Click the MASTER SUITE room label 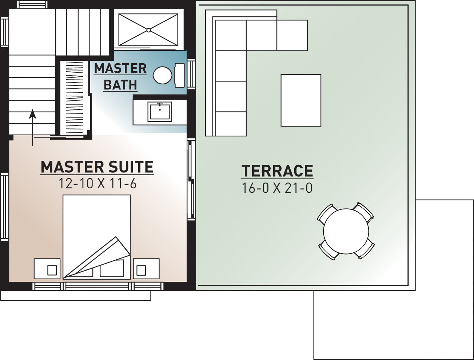[x=97, y=167]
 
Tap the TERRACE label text [x=277, y=171]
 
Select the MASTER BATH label [x=120, y=76]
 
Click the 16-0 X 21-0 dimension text [x=277, y=188]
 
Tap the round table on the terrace [x=346, y=231]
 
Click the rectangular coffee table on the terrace [x=301, y=100]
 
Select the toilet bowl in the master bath [x=162, y=75]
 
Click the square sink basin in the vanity [x=160, y=112]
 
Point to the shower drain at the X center [x=148, y=30]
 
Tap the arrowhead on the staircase [x=33, y=114]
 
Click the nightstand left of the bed [x=47, y=268]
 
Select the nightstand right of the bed [x=146, y=268]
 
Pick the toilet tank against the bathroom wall [x=179, y=75]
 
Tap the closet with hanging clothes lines [x=74, y=98]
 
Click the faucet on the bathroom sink [x=160, y=104]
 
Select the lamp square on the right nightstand [x=141, y=270]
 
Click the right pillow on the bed [x=112, y=268]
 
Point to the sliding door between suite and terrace [x=191, y=179]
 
